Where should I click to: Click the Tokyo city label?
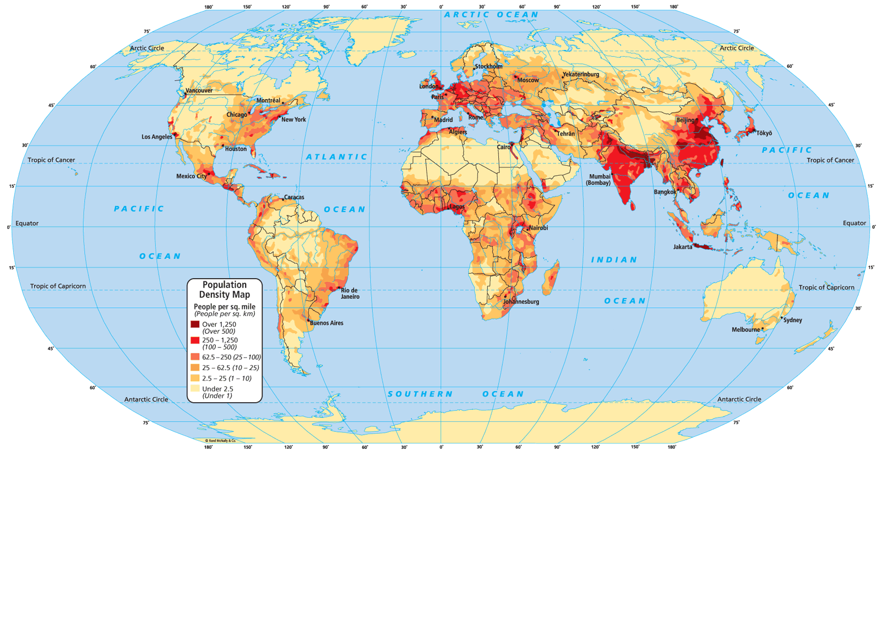point(764,133)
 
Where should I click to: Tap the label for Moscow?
point(528,80)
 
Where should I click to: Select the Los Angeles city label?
point(156,137)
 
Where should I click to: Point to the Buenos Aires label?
point(327,323)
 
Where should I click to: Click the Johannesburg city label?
point(521,302)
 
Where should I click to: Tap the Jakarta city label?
point(683,247)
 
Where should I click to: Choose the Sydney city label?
point(793,320)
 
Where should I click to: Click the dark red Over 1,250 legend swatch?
point(195,324)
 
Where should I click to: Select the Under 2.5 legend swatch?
point(195,388)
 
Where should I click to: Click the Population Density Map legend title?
point(225,290)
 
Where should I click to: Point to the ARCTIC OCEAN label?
point(491,15)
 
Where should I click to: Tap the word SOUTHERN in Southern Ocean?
point(420,394)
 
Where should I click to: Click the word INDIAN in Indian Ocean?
point(614,259)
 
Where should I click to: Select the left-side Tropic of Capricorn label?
point(58,286)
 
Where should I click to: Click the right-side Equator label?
point(854,223)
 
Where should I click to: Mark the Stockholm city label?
point(488,67)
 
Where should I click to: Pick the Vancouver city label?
point(199,90)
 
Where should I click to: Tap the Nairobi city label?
point(538,228)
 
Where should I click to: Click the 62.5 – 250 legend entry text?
point(231,357)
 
